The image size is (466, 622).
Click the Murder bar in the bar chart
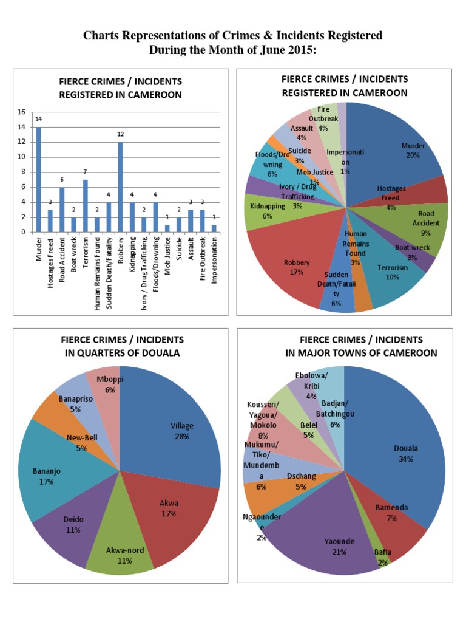tap(38, 179)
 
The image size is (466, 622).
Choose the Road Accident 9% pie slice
tap(425, 222)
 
